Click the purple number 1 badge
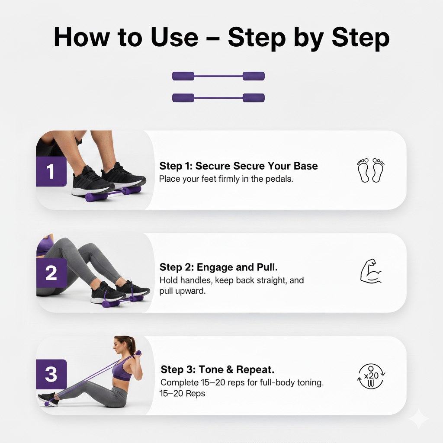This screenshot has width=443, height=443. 51,172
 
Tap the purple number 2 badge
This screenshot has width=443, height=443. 51,273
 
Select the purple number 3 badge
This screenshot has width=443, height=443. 51,374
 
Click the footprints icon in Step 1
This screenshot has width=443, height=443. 371,170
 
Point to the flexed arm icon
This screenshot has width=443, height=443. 371,271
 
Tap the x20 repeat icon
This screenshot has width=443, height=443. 371,376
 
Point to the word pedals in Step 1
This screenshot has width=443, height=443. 279,179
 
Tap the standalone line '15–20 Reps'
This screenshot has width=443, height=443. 183,394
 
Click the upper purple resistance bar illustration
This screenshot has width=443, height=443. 218,76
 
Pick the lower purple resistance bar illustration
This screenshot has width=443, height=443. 218,98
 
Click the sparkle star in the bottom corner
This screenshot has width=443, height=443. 418,418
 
